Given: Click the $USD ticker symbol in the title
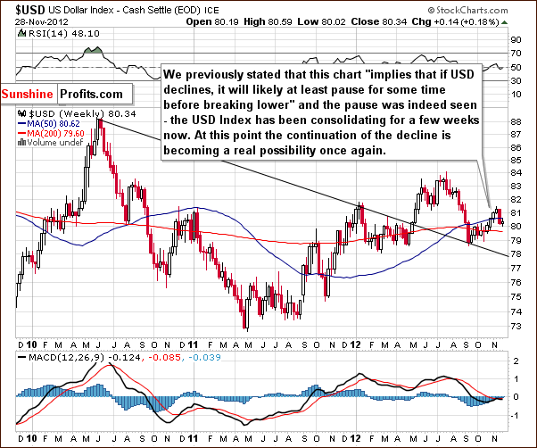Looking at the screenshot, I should pyautogui.click(x=19, y=9).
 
